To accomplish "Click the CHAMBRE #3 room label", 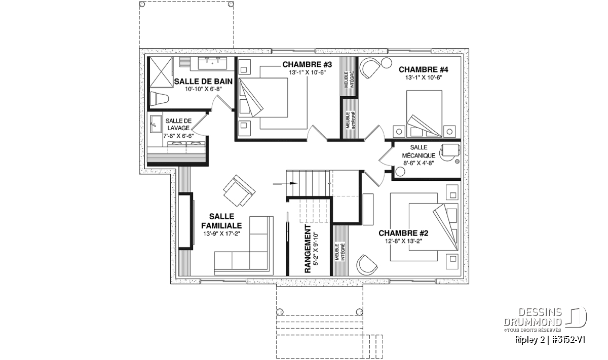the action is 307,65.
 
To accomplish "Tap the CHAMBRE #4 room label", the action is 424,70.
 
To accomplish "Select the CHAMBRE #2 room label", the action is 403,233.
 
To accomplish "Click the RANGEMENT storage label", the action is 308,249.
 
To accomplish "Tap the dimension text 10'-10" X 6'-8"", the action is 203,89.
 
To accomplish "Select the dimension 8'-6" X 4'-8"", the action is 419,163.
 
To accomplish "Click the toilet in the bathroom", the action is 159,99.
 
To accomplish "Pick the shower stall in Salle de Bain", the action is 161,72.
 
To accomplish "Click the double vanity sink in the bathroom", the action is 212,63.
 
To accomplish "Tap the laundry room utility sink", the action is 155,125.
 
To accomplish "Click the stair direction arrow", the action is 285,183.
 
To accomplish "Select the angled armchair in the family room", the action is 239,190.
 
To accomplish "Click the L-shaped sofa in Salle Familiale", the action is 244,246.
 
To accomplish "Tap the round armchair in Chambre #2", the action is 366,265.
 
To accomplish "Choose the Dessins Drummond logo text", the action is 533,317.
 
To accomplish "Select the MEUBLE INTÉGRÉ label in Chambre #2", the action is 340,252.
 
